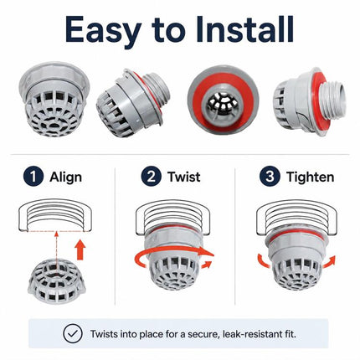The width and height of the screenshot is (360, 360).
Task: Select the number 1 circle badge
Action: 33,177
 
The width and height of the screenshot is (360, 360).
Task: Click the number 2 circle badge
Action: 152,177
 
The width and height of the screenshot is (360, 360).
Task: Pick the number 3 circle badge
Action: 270,177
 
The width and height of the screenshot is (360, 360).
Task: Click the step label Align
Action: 65,177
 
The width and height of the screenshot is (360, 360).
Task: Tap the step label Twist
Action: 183,177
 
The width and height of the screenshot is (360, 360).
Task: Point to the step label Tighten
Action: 310,177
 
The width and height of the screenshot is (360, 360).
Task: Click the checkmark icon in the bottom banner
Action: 73,333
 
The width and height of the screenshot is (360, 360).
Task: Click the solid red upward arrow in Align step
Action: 80,249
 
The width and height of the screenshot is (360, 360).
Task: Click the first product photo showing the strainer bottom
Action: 54,99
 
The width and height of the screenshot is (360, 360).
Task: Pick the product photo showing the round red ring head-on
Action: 223,100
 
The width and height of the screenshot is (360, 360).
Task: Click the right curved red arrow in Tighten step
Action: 329,261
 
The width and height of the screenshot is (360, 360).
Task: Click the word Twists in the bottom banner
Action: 103,334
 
